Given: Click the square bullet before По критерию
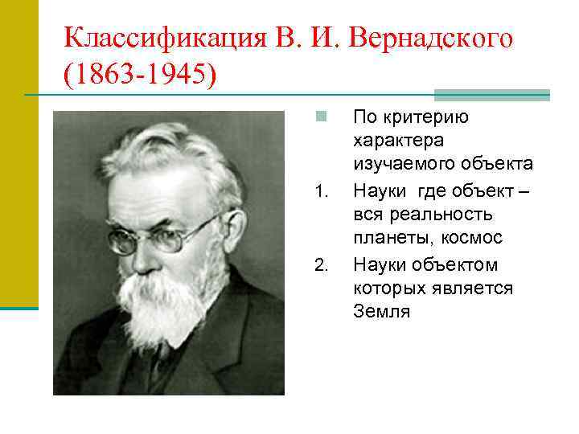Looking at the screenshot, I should [320, 117].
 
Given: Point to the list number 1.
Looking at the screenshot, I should [321, 192].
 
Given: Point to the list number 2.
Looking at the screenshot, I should [321, 266].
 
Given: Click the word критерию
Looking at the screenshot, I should [435, 117].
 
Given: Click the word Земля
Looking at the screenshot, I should [382, 312].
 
